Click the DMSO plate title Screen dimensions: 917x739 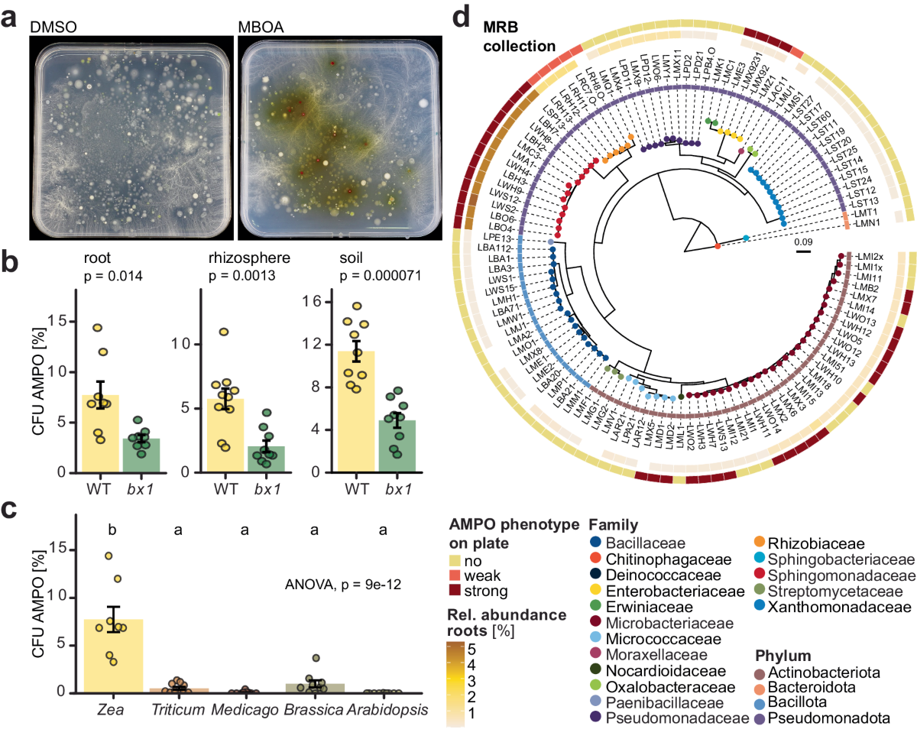(53, 28)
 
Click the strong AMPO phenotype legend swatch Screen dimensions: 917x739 (455, 591)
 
